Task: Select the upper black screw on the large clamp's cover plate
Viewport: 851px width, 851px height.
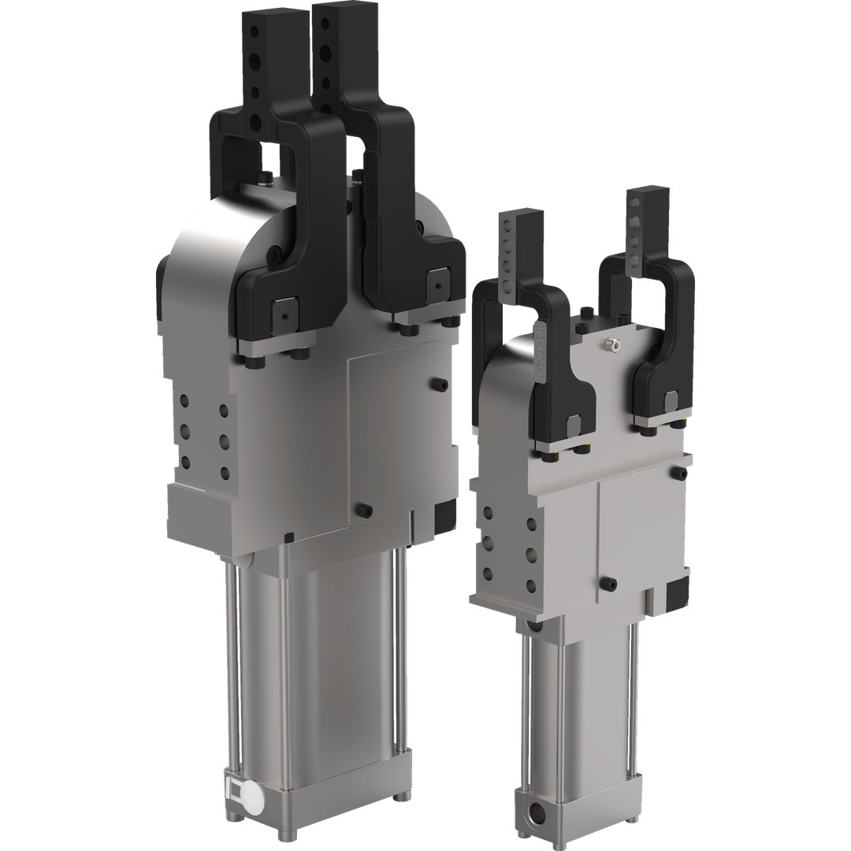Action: tap(439, 385)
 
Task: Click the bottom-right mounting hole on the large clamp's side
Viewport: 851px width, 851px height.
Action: tap(225, 473)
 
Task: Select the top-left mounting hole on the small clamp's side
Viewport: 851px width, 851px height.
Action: tap(489, 514)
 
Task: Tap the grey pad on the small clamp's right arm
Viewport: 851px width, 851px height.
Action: tap(671, 399)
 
